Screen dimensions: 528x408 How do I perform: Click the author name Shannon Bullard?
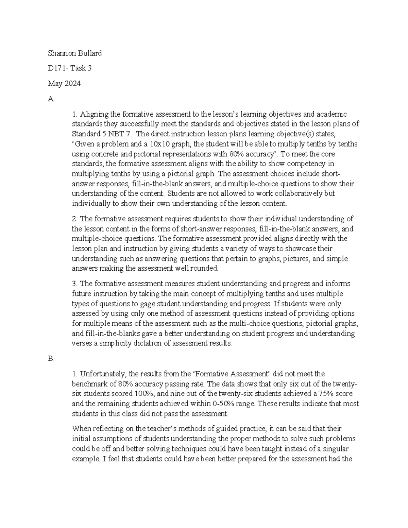tap(75, 53)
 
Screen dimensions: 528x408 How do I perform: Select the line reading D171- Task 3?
tap(70, 68)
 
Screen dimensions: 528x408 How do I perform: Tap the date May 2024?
tap(64, 84)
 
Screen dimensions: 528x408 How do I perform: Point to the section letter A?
tap(51, 99)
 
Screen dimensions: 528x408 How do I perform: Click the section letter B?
tap(51, 359)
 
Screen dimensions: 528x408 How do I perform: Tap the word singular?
tap(337, 448)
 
